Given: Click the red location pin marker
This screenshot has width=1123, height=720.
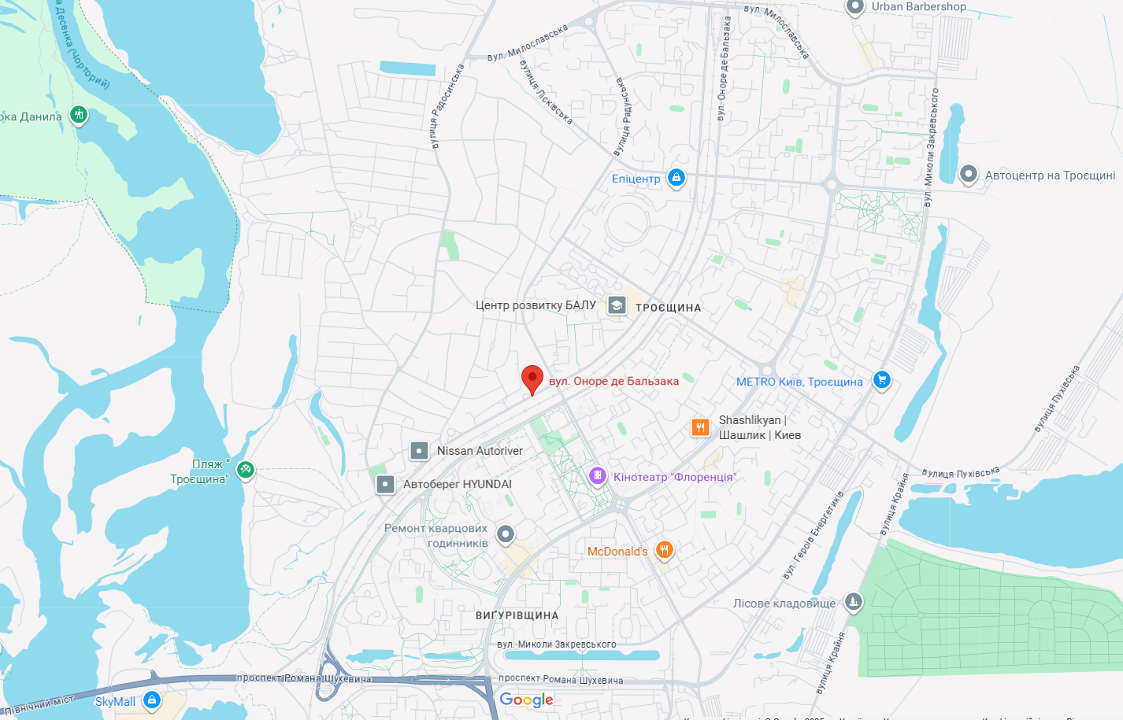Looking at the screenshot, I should pos(532,378).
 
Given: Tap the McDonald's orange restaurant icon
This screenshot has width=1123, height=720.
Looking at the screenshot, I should pos(665,550).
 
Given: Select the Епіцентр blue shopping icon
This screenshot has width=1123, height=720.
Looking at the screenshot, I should pos(676,178).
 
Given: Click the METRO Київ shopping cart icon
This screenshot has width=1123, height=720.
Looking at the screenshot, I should pos(882,381).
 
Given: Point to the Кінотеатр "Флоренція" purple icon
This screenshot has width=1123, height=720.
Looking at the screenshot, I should pos(598,476).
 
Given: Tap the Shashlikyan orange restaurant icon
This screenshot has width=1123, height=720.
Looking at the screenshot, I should pos(701,427).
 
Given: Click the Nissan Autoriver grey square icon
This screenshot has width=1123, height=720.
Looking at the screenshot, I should pos(420,451).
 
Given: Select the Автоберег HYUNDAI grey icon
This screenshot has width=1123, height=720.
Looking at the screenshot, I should pos(385,484).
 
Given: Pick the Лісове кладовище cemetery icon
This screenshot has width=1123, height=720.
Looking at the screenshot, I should pos(853,603).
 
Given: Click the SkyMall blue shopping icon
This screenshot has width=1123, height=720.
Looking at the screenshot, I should pos(152,700).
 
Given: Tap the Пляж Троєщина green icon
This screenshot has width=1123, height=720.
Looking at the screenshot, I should pos(246,470).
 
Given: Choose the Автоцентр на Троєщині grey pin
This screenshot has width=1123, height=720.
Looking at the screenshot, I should pos(969,174).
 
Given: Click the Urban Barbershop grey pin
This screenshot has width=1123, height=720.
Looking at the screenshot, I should pos(855,7).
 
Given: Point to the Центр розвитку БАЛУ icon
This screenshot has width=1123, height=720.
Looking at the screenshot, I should pos(617,305).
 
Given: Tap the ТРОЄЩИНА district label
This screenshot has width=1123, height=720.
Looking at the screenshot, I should pos(668,308).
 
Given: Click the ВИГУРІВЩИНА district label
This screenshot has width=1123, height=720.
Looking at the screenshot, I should pos(517,615).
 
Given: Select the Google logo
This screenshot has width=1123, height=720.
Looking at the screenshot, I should pos(526,700).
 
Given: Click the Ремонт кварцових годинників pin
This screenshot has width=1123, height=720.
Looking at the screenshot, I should pos(506,534).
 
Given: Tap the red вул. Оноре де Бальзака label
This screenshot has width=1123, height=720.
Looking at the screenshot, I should pos(613,381).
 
